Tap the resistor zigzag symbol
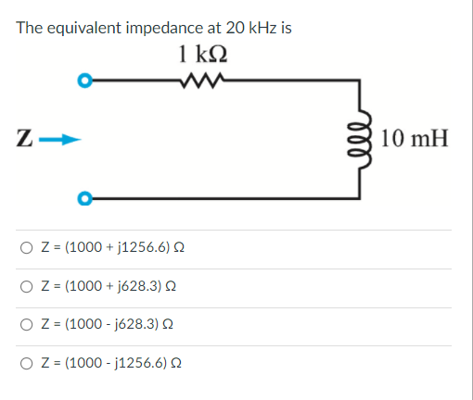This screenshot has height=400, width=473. tap(202, 81)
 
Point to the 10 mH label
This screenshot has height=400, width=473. tap(414, 140)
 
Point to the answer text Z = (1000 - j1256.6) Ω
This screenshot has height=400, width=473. tap(109, 365)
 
